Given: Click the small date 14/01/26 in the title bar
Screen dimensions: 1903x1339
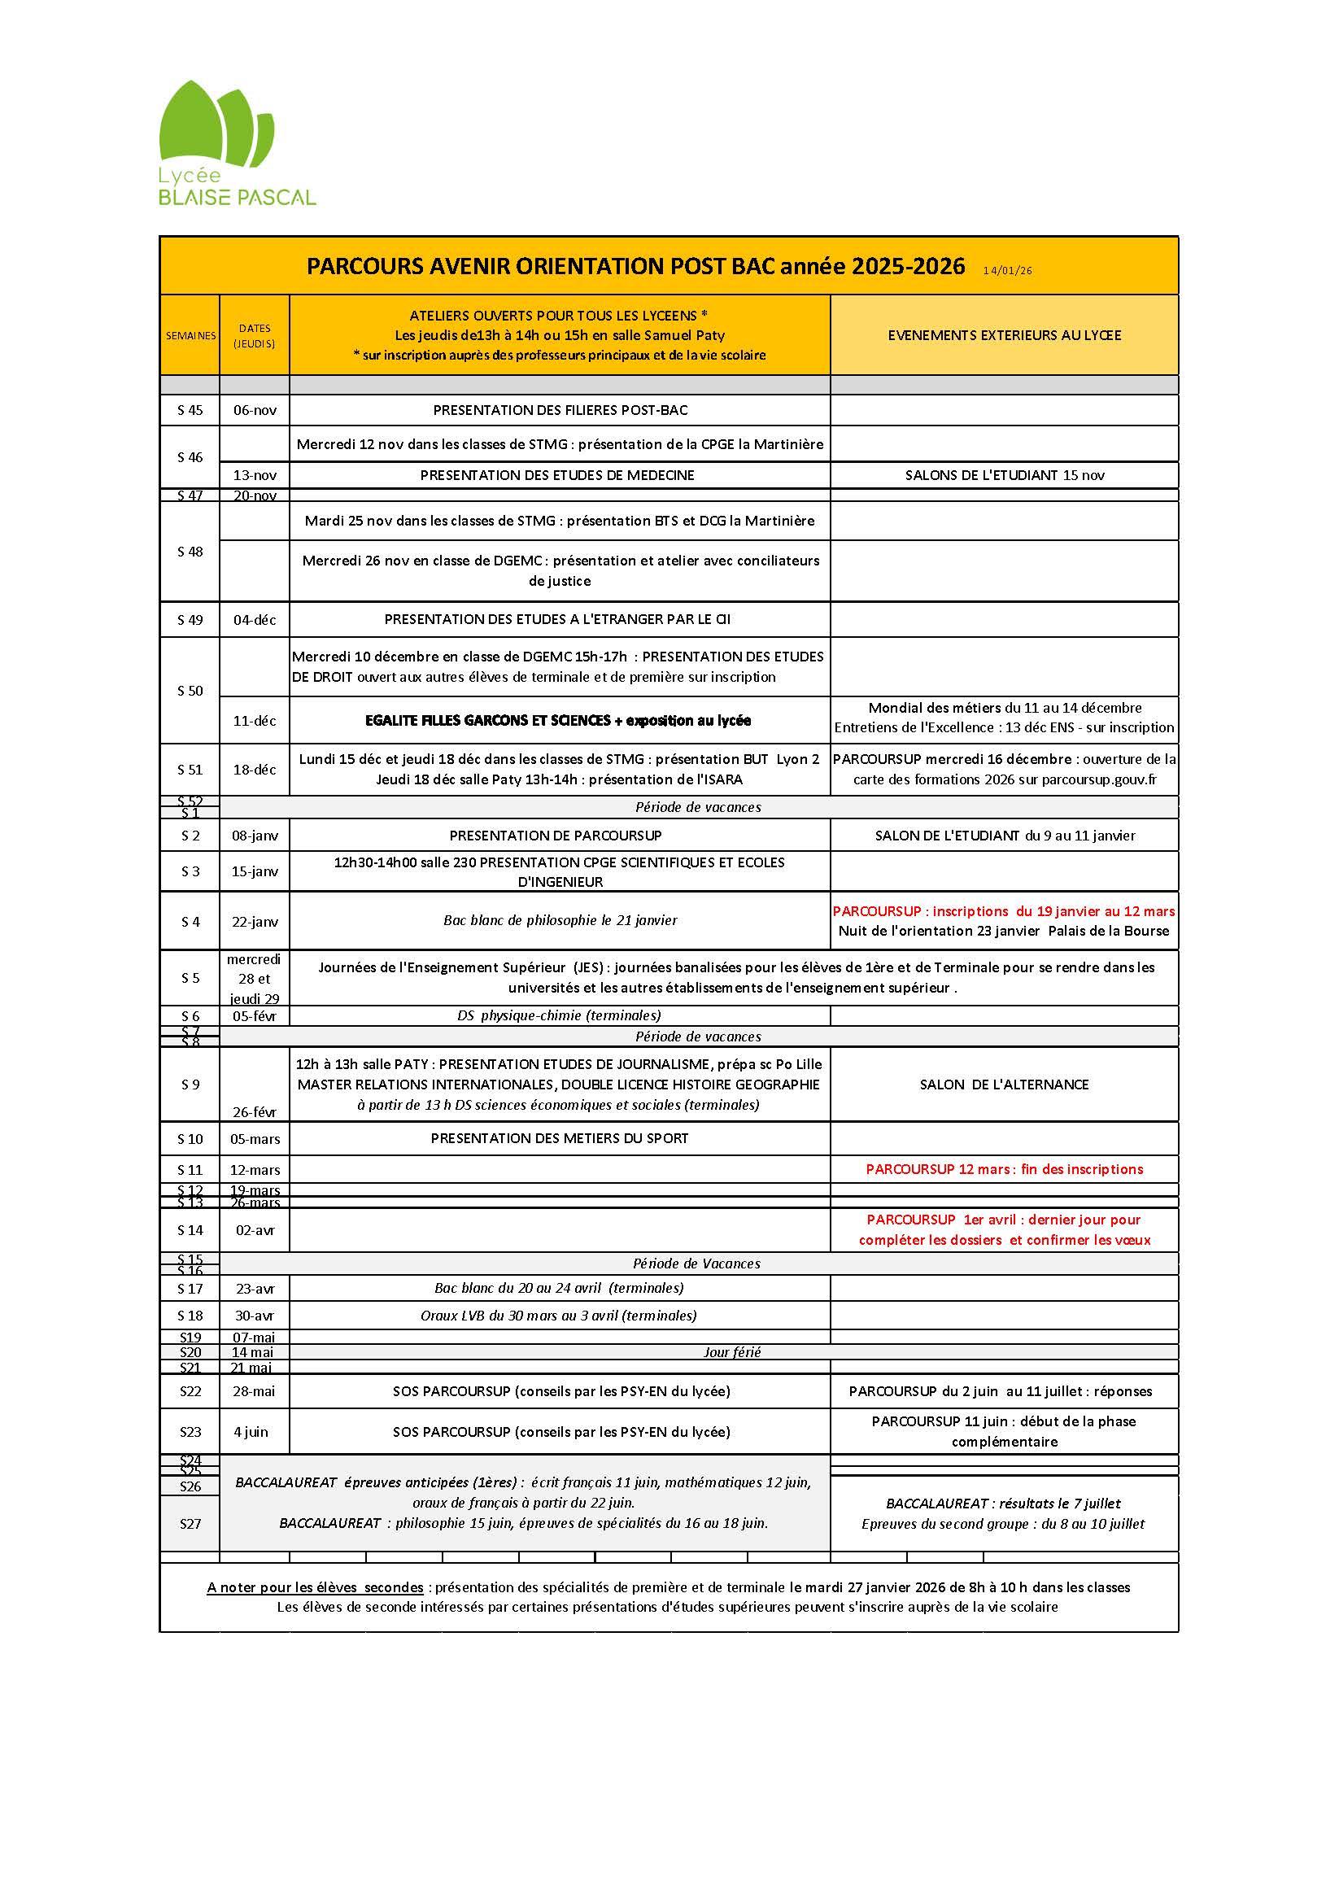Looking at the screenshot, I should point(1007,270).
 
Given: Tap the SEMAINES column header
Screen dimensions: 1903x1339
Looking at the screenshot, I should point(190,336).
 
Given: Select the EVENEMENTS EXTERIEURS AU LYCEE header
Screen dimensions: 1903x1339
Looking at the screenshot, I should point(1003,335).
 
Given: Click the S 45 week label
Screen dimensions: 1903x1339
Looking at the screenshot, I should point(190,409).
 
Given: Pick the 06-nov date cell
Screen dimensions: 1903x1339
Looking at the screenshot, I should point(254,409).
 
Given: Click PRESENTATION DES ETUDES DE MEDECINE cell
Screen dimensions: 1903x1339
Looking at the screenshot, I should point(556,475).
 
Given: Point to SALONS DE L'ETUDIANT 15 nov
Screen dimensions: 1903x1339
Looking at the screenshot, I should point(1004,475).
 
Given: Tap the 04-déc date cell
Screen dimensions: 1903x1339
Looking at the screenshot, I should point(255,619).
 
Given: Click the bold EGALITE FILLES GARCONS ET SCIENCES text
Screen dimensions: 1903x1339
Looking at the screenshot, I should point(557,720).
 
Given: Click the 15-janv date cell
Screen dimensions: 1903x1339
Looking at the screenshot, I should point(255,871).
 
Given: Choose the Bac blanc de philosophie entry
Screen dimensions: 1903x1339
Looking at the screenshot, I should point(560,920).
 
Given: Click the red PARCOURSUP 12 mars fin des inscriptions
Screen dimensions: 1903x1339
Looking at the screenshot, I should point(1003,1169).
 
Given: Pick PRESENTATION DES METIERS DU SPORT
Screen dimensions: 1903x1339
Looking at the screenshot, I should point(560,1138).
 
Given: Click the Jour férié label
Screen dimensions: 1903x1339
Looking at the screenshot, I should point(731,1352).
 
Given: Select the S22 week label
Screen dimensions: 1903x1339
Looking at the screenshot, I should point(190,1390).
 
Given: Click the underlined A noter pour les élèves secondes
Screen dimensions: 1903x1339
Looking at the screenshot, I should point(315,1587).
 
